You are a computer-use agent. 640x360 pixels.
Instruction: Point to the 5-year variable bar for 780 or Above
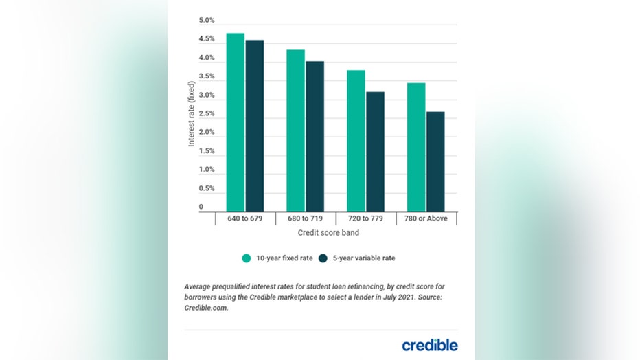coord(435,161)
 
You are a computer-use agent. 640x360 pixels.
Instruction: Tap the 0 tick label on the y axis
coord(201,206)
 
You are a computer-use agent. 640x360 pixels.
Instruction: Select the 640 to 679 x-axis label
coord(245,219)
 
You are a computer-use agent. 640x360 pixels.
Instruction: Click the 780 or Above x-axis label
coord(426,219)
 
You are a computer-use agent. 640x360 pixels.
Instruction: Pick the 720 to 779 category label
coord(366,219)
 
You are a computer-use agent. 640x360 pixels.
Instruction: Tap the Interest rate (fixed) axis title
coord(192,114)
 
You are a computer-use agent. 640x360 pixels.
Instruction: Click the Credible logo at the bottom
coord(431,345)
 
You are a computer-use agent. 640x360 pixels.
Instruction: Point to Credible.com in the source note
coord(205,309)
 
